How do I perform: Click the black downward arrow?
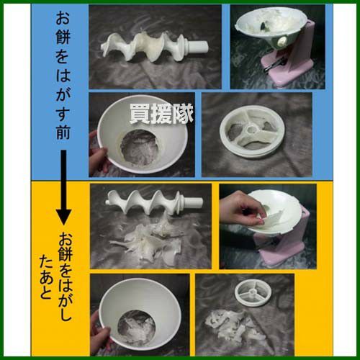point(63,187)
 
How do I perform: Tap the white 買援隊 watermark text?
point(161,114)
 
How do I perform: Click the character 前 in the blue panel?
point(63,132)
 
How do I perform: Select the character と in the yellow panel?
point(45,292)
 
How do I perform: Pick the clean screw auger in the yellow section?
point(154,201)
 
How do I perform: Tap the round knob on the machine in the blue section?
point(282,42)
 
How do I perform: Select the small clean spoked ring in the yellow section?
point(253,294)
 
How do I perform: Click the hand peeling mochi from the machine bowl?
point(243,210)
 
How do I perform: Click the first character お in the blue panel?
point(63,18)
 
